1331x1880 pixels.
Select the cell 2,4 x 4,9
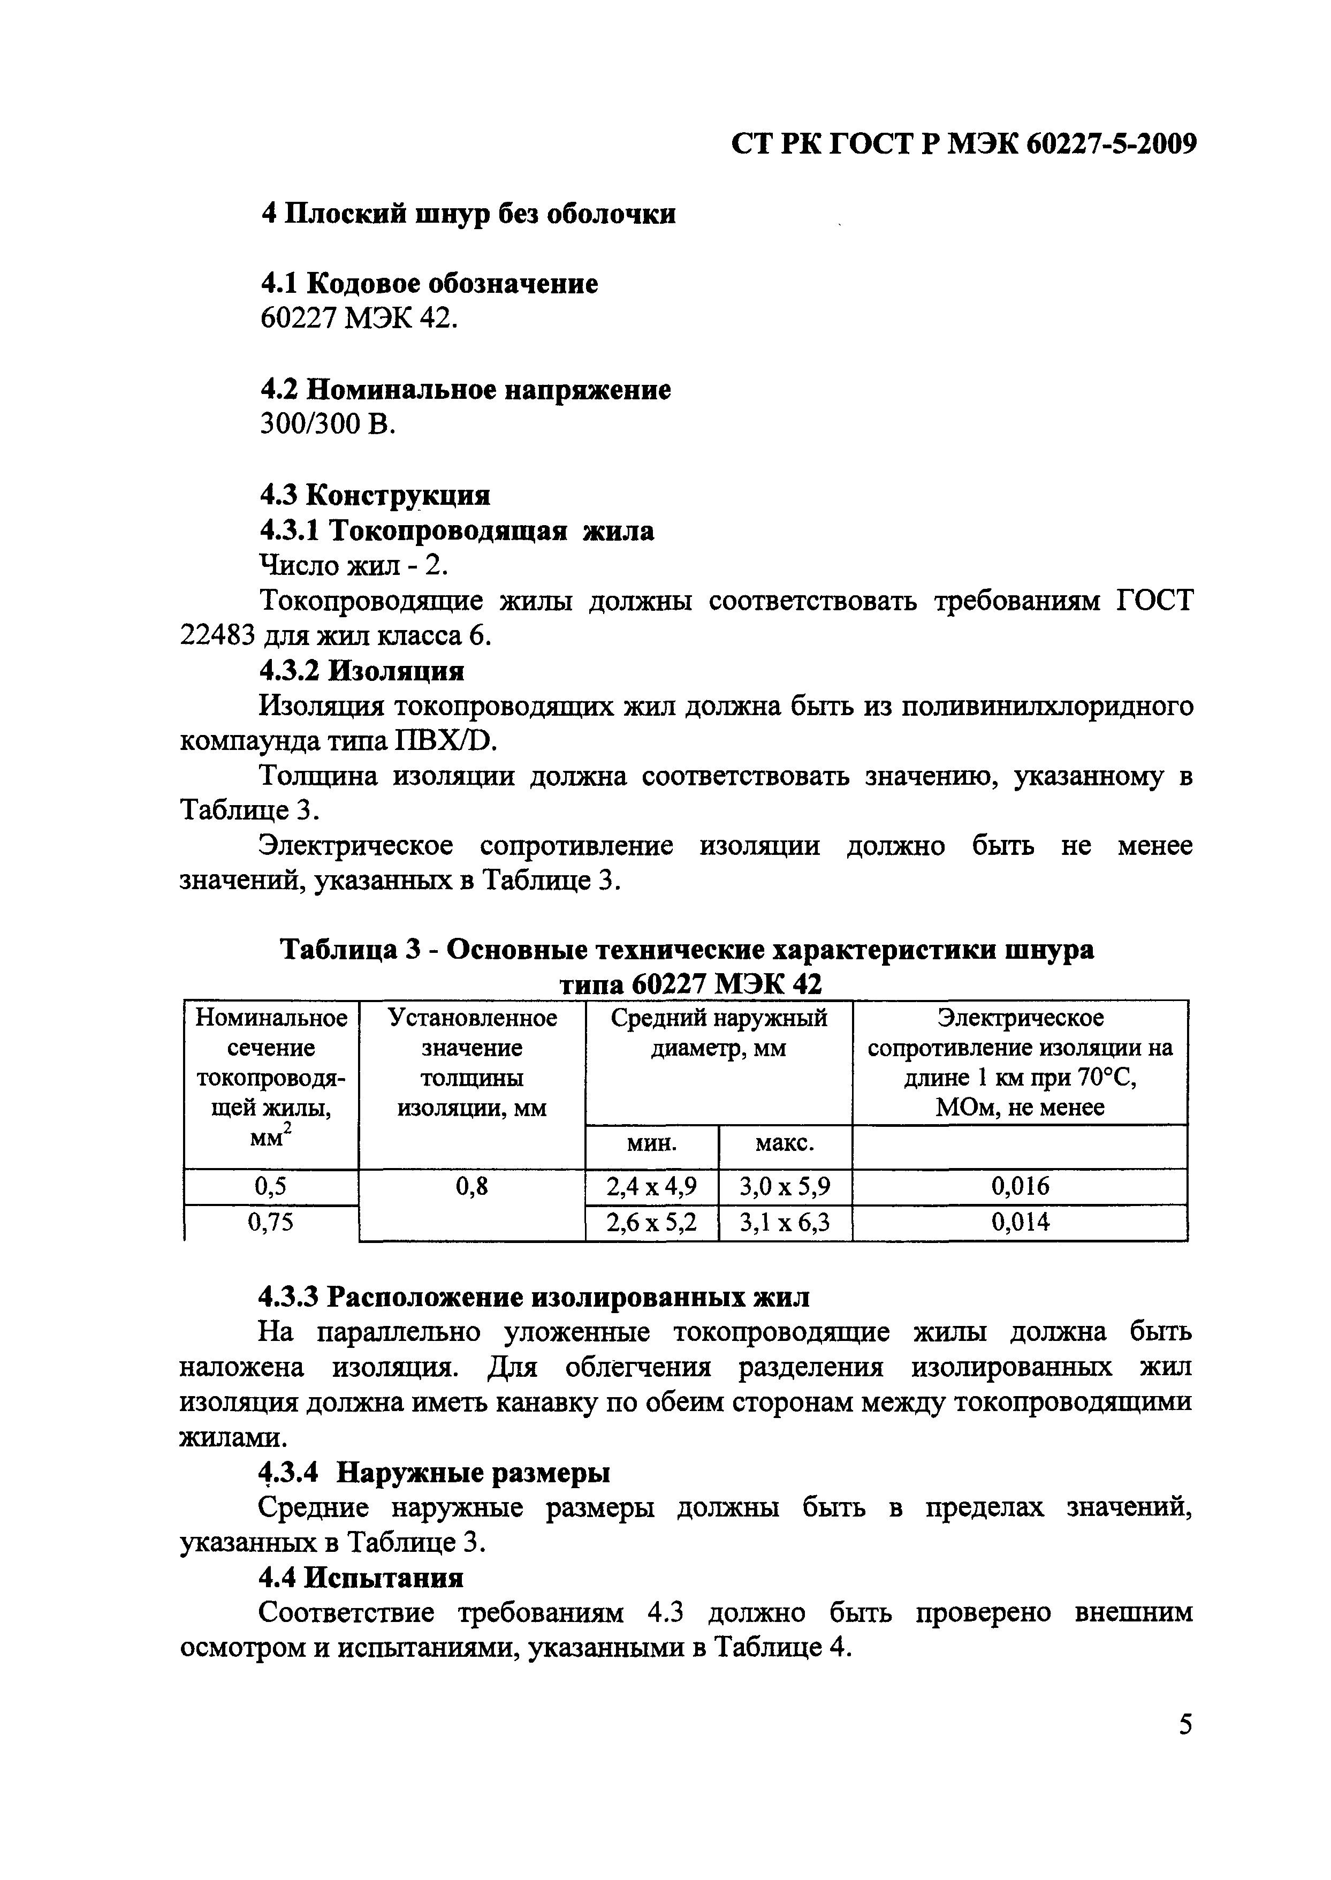651,1187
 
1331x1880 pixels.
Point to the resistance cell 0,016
1020,1187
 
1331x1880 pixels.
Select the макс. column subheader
785,1144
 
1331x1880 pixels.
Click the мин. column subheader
651,1144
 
